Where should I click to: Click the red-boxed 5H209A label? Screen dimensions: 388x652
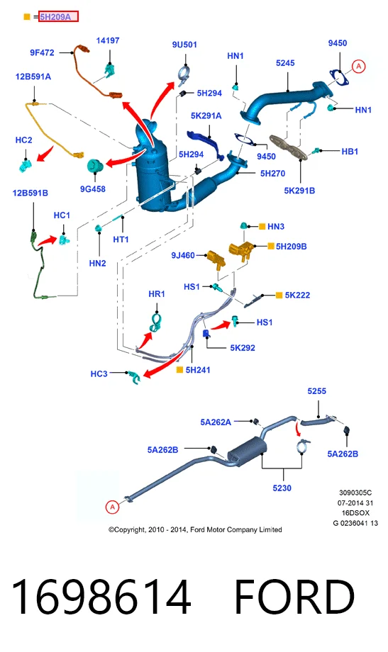[58, 16]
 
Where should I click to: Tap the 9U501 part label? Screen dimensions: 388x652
[184, 45]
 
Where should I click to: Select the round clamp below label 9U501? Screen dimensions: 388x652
[184, 75]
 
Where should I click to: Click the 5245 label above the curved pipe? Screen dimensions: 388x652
[285, 63]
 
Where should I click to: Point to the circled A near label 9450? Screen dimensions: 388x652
[358, 66]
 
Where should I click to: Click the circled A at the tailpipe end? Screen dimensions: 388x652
[112, 507]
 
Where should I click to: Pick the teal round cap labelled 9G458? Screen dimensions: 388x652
[95, 166]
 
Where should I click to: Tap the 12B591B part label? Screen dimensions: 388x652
[30, 193]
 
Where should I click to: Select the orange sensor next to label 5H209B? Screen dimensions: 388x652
[243, 250]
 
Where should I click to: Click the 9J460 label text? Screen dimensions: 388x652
[183, 255]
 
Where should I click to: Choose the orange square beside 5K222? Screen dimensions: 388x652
[279, 295]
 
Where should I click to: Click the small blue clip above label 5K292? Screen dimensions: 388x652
[206, 333]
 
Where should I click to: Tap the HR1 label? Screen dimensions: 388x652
[157, 294]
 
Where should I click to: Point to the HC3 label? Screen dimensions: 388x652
[99, 373]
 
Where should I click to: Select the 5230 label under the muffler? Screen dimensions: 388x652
[282, 488]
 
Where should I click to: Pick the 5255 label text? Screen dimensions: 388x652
[317, 391]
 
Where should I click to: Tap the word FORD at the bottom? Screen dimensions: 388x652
[295, 597]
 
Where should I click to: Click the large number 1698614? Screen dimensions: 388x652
[101, 597]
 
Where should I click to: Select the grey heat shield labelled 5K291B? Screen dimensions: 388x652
[288, 147]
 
